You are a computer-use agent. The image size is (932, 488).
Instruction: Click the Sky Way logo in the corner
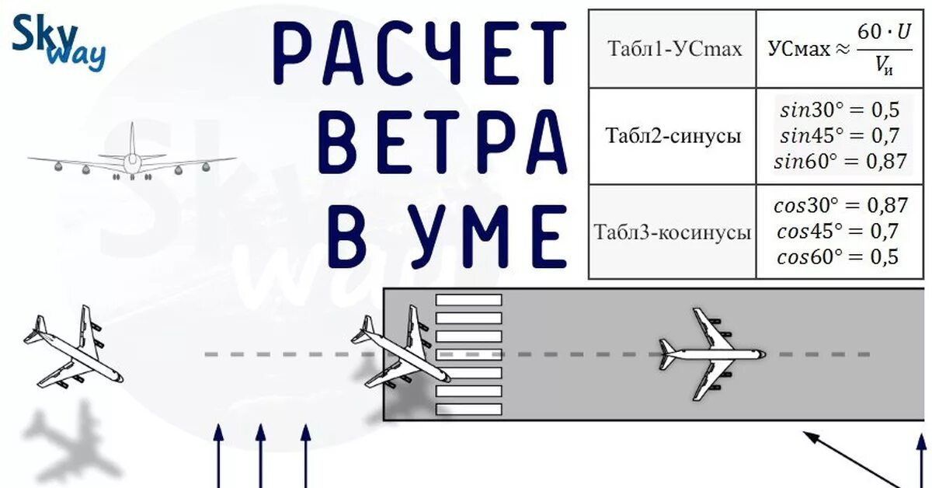coord(58,44)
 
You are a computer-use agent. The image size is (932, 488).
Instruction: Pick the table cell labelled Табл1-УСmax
coord(673,49)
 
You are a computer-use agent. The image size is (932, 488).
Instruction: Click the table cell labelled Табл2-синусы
coord(673,136)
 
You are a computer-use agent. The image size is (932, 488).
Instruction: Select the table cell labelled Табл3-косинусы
coord(673,232)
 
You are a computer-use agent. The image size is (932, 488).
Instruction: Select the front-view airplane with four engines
coord(132,159)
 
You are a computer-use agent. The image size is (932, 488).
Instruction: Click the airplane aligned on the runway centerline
coord(711,354)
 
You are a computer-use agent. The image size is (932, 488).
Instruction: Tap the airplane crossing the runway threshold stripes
coord(401,349)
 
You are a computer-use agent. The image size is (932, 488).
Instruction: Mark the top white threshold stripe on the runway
coord(468,299)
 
